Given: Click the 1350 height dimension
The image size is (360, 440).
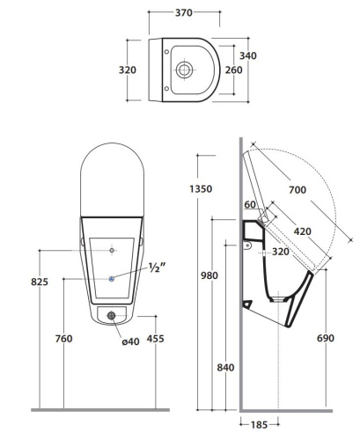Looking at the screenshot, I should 203,187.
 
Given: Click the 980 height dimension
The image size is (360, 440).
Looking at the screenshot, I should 208,275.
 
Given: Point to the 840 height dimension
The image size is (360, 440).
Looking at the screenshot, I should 225,367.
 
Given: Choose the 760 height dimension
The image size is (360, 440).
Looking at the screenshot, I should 62,338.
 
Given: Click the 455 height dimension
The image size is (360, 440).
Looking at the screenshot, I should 155,338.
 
